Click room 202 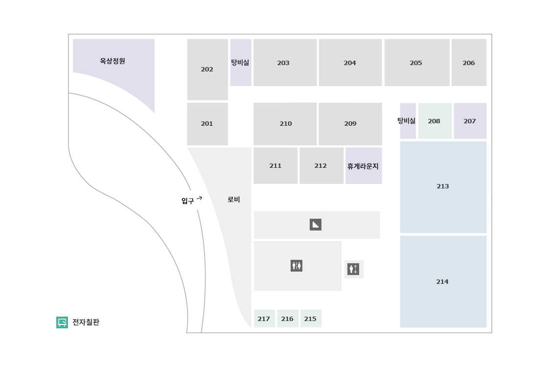[207, 69]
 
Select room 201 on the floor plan [207, 124]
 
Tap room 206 [469, 63]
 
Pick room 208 [434, 121]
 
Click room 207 [470, 121]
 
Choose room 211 [275, 166]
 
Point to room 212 [320, 166]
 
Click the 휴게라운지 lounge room [363, 166]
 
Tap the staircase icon [316, 225]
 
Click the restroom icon [297, 266]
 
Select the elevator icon [353, 269]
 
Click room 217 [264, 319]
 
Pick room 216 [287, 319]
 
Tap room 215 [310, 319]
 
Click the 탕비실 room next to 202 [240, 63]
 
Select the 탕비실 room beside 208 [408, 121]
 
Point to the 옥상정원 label [113, 61]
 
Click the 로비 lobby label [234, 200]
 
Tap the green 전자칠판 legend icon [62, 322]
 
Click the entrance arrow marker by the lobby [194, 200]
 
